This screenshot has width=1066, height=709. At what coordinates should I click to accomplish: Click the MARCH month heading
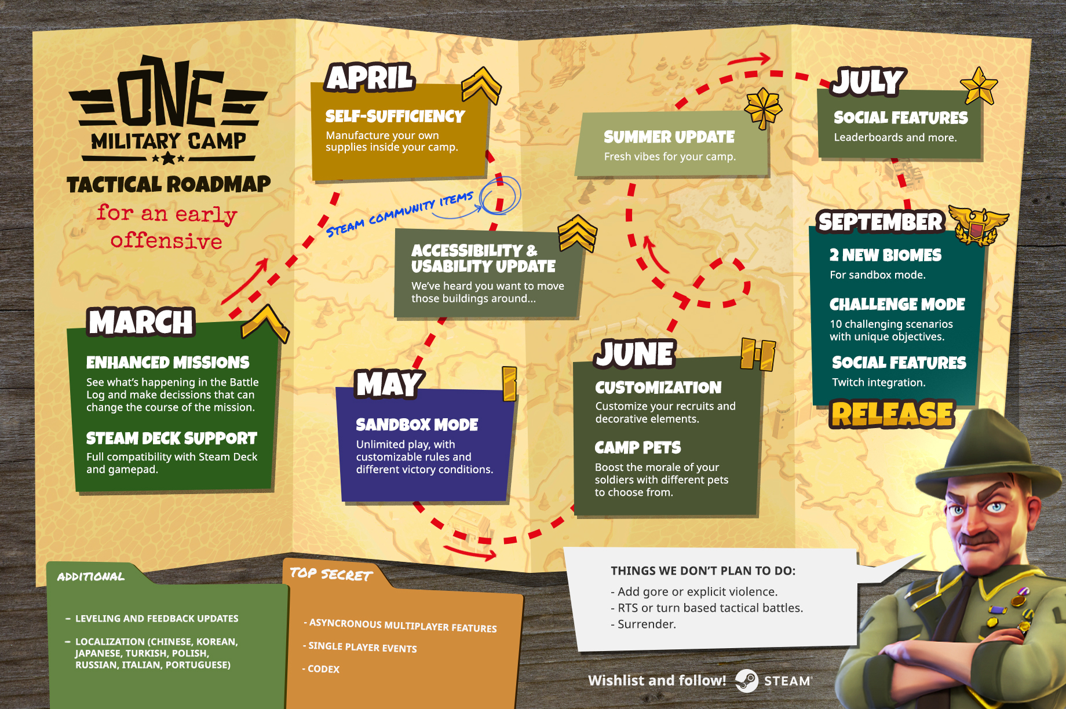[x=141, y=322]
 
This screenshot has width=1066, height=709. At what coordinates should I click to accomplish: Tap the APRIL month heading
[x=370, y=78]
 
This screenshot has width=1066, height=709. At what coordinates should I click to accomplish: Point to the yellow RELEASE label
[x=892, y=414]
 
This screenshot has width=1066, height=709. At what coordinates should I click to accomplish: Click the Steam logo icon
[x=747, y=681]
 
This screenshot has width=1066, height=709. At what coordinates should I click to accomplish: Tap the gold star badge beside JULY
[x=979, y=86]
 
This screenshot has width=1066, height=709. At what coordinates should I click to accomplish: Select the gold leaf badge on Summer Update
[x=763, y=108]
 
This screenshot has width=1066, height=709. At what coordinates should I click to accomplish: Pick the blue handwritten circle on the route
[x=499, y=195]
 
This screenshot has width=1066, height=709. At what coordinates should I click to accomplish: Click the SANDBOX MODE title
[x=417, y=425]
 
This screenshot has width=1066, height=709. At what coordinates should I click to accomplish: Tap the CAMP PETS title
[x=638, y=448]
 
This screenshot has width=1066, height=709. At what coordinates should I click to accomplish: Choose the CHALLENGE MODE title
[x=897, y=304]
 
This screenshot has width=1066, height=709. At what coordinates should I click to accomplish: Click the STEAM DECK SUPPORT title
[x=171, y=438]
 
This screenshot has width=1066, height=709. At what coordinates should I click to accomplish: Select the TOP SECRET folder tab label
[x=331, y=574]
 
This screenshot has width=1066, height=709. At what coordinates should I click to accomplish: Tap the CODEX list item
[x=322, y=669]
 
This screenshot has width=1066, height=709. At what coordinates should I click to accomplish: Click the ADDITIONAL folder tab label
[x=91, y=577]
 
